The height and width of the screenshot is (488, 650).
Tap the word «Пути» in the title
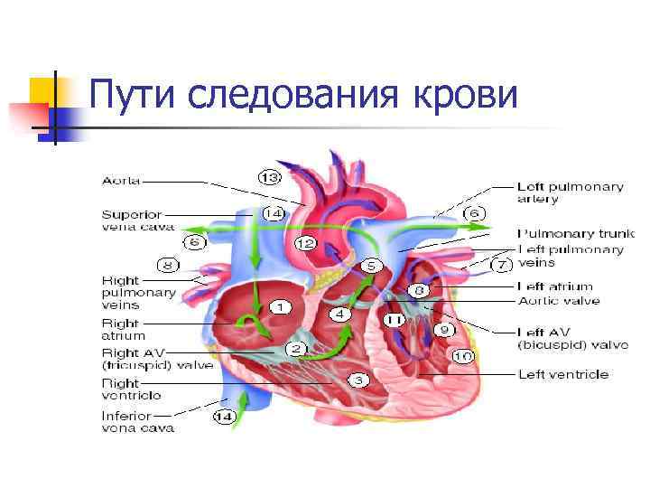coord(140,94)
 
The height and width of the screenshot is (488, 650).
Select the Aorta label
coord(121,181)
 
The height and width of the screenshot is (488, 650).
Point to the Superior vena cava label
coord(132,221)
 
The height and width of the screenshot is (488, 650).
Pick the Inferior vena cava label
coord(132,422)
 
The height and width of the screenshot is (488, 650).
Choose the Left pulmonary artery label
coord(570,192)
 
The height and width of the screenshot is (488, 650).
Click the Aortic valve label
coord(558,301)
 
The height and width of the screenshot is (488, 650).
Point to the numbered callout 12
coord(304,243)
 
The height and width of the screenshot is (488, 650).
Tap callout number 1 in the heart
coord(280,307)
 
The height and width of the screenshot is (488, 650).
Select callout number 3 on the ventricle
coord(357,380)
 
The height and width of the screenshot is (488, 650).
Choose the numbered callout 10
coord(463,356)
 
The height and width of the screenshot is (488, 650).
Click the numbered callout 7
coord(503,266)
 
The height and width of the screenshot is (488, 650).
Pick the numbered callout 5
coord(372,266)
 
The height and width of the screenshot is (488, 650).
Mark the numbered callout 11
coord(395,320)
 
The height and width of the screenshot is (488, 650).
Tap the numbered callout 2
coord(296,348)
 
